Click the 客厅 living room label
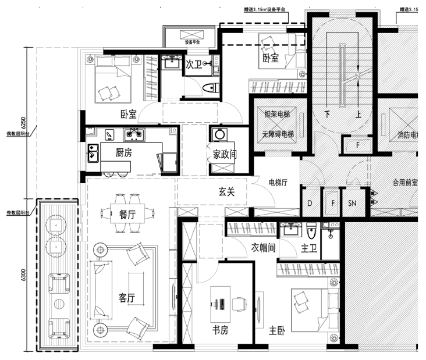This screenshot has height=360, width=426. click(127, 298)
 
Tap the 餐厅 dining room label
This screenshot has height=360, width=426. click(127, 214)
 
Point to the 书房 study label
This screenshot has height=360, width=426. click(220, 330)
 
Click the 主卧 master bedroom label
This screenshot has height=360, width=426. click(278, 330)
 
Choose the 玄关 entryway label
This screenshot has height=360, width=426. click(227, 192)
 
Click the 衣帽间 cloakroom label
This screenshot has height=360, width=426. click(263, 248)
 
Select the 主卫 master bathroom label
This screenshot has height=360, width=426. click(308, 248)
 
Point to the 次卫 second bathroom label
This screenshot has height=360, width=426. click(193, 64)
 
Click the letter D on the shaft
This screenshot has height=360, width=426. click(310, 202)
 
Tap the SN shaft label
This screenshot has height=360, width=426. click(352, 202)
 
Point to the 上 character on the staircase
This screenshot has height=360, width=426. click(358, 115)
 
